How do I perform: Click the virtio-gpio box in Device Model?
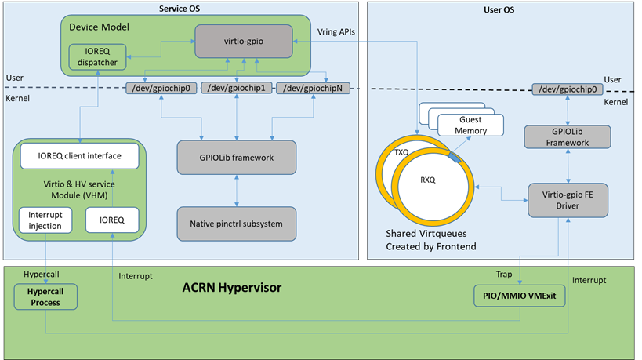point(238,37)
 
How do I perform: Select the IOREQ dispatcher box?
point(96,59)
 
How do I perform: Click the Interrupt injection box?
point(45,220)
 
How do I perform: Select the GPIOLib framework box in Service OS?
point(236,157)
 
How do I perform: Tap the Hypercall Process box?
point(45,296)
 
